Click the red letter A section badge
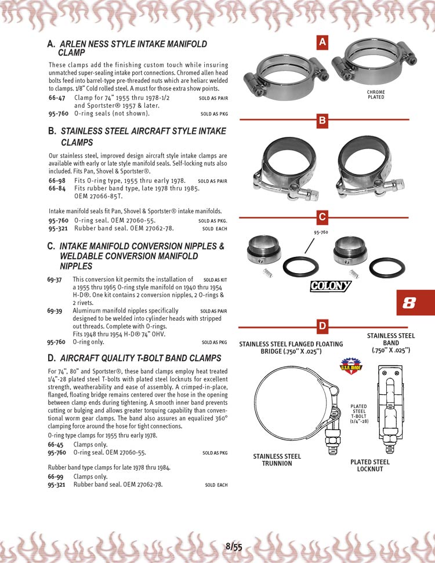point(323,42)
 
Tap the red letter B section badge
point(323,121)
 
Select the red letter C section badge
point(323,218)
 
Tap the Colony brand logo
point(331,286)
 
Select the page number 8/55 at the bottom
point(234,546)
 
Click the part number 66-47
point(56,98)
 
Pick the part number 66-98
point(56,181)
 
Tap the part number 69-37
point(55,279)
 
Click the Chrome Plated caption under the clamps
point(376,95)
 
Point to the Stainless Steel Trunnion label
point(277,460)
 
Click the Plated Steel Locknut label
point(370,465)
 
